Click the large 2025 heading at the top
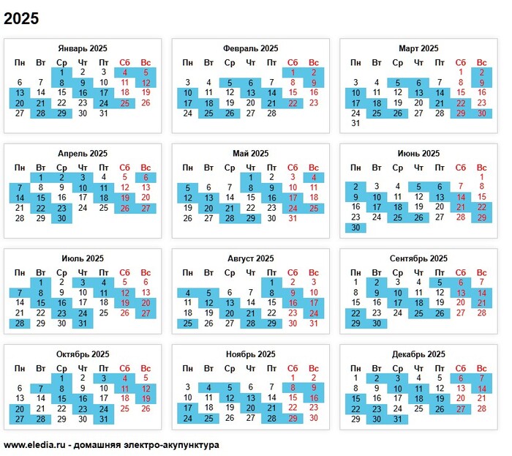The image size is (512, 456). (x=21, y=18)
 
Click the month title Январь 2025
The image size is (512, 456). (x=83, y=48)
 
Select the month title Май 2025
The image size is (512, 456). (x=250, y=154)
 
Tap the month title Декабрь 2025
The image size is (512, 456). (x=418, y=354)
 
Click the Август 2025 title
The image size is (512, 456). (x=250, y=258)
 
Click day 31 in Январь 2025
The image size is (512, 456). (x=103, y=113)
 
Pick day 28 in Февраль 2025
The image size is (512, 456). (x=271, y=113)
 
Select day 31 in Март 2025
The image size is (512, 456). (x=355, y=124)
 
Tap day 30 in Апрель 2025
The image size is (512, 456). (x=61, y=218)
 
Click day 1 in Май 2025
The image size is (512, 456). (x=251, y=177)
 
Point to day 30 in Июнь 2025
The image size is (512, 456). (x=355, y=228)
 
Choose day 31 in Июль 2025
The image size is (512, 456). (x=83, y=323)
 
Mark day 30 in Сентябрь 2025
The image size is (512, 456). (x=377, y=323)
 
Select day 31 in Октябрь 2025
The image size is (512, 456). (x=103, y=419)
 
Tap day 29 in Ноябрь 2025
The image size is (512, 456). (x=293, y=419)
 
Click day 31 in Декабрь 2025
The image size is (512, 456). (x=397, y=419)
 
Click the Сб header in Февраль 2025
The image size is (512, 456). (x=293, y=62)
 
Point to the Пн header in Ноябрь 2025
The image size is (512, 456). (x=188, y=368)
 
